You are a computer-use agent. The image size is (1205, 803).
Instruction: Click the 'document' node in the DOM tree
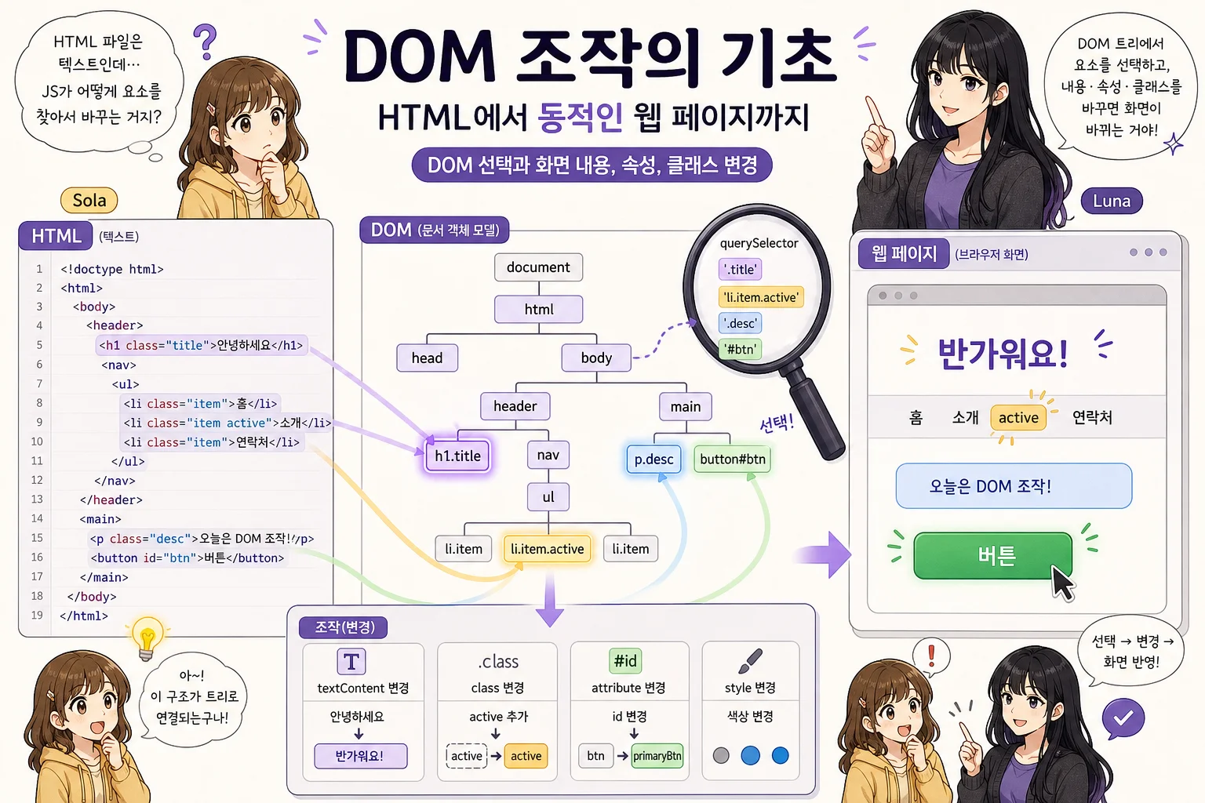point(538,267)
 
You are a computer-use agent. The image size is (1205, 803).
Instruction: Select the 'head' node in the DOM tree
point(427,358)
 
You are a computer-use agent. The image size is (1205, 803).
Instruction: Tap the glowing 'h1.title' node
point(457,456)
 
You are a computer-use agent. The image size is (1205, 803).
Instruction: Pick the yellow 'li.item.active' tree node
point(547,549)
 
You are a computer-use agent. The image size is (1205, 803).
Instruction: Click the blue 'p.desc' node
point(653,460)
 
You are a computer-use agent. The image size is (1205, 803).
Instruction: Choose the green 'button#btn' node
point(732,460)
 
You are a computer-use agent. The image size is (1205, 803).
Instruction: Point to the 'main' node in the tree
point(686,407)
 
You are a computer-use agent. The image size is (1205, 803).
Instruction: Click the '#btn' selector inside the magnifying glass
point(741,350)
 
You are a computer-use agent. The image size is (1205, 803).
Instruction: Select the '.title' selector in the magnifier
point(741,270)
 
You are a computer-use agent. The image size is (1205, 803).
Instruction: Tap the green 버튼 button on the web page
point(993,556)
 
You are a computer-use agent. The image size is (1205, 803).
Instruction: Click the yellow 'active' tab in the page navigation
point(1018,417)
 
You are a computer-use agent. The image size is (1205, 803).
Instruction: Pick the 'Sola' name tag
point(89,201)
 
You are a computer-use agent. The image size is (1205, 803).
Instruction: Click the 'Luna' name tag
point(1112,202)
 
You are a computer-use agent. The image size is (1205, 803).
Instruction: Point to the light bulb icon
point(147,638)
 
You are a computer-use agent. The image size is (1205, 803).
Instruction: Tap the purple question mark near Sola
point(205,42)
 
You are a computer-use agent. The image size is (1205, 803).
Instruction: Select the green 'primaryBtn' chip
point(657,756)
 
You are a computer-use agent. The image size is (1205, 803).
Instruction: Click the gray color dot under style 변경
point(721,756)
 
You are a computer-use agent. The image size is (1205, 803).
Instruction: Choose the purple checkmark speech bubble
point(1123,718)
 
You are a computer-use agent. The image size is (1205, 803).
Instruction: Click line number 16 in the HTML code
point(37,558)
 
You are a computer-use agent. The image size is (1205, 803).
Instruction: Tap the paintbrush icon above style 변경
point(751,660)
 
